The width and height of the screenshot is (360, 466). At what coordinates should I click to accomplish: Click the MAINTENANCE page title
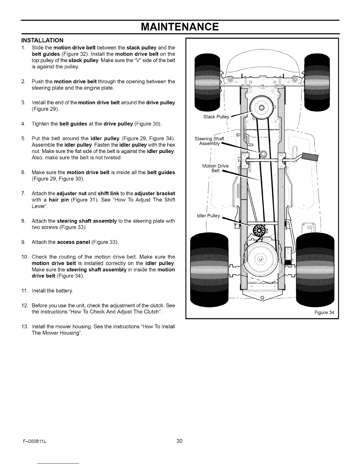[x=180, y=27]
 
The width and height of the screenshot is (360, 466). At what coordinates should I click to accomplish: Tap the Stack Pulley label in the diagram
[x=216, y=117]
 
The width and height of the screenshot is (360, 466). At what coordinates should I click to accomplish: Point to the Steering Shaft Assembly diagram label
[x=209, y=141]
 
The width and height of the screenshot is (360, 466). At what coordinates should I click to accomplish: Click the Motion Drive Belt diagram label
[x=215, y=168]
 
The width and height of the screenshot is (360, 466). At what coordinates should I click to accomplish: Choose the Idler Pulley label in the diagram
[x=208, y=216]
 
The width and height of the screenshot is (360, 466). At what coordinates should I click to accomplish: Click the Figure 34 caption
[x=324, y=312]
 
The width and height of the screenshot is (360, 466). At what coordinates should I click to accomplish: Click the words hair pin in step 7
[x=59, y=200]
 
